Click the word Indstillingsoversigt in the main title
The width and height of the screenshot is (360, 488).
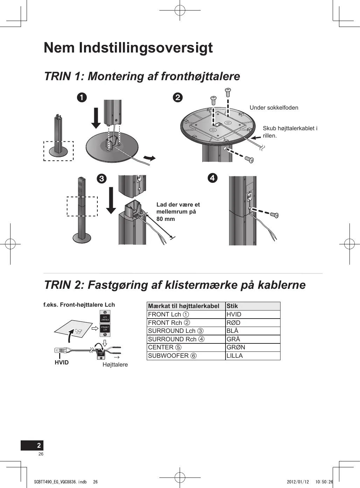(x=146, y=48)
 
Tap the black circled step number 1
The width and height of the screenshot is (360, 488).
(x=82, y=97)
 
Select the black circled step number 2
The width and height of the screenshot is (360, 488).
(x=178, y=97)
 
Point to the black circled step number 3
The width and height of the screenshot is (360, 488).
(x=101, y=179)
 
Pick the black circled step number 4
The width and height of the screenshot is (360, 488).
(x=212, y=178)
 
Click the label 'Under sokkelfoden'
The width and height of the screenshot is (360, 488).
(x=274, y=107)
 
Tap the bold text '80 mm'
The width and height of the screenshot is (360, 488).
(x=166, y=219)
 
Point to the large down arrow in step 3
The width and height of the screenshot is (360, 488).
(x=111, y=200)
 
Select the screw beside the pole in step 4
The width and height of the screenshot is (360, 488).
(x=274, y=215)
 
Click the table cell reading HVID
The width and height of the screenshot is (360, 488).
(x=234, y=314)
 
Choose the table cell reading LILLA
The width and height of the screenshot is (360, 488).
(x=235, y=356)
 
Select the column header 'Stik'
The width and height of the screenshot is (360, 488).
(x=232, y=306)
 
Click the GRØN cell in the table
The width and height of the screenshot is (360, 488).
(x=236, y=347)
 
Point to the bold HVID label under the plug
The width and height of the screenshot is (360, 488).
(x=62, y=362)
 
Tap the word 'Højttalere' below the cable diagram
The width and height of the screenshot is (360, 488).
(x=115, y=364)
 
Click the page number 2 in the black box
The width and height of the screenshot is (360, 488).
(x=39, y=445)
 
